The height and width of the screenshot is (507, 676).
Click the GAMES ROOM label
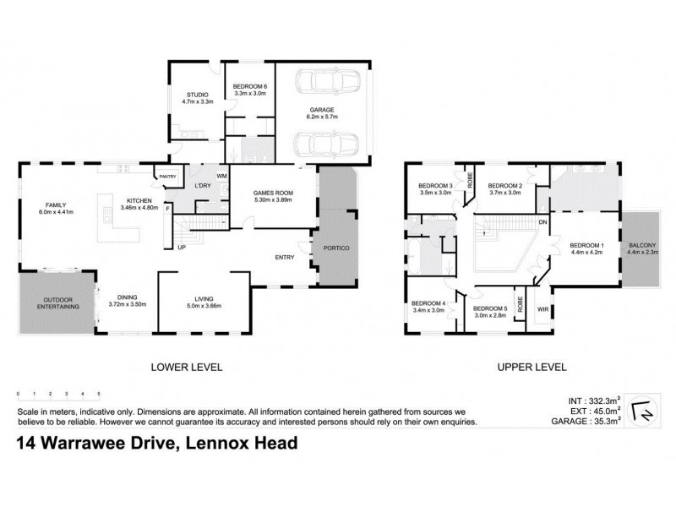(x=273, y=193)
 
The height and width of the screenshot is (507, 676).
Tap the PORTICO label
(x=337, y=247)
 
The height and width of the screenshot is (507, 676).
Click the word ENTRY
(x=282, y=259)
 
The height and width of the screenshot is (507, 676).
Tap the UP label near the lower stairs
(x=181, y=248)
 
